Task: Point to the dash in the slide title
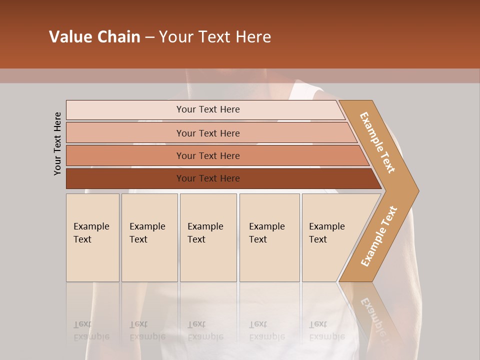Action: pyautogui.click(x=149, y=37)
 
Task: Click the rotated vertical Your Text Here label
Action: pyautogui.click(x=57, y=143)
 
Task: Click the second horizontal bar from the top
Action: pyautogui.click(x=208, y=133)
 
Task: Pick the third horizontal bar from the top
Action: pyautogui.click(x=208, y=155)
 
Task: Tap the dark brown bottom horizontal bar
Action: pyautogui.click(x=208, y=178)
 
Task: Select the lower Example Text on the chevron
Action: pyautogui.click(x=379, y=236)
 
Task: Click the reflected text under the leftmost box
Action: pyautogui.click(x=91, y=330)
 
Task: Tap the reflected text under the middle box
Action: pyautogui.click(x=205, y=330)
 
